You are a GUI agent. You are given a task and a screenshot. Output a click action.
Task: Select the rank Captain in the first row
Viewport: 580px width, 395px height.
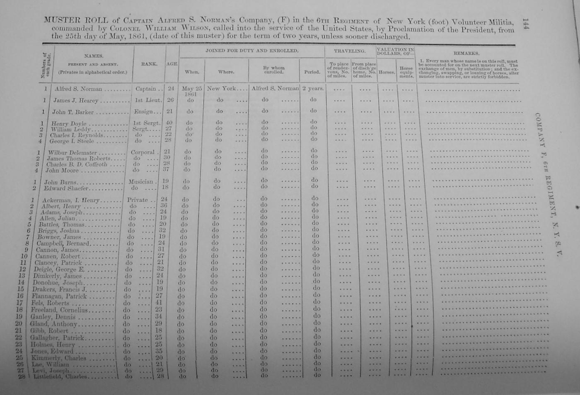145,89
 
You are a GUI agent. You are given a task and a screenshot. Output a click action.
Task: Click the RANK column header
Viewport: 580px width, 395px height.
149,64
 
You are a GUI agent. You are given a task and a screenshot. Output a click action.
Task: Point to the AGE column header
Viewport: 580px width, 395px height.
172,64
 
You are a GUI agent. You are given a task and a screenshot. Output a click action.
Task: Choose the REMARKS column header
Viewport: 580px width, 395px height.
466,53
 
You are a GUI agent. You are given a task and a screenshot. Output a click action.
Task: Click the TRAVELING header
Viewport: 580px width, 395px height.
350,51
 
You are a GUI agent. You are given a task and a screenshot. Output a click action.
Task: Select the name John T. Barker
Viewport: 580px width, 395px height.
73,112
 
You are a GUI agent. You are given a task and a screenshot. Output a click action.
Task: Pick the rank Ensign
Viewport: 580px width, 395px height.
143,112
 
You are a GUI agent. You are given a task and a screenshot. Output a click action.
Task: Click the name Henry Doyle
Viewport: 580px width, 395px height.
69,124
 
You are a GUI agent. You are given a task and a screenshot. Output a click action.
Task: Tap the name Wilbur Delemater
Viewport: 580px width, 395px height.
72,153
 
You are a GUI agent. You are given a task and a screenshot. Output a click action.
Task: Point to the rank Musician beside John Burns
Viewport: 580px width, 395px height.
141,181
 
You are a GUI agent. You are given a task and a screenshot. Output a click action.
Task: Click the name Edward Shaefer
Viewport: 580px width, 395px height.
66,188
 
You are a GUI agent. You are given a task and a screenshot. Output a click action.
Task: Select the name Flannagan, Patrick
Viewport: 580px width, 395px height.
59,296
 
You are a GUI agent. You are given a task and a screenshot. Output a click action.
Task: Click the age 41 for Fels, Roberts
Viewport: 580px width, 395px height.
159,303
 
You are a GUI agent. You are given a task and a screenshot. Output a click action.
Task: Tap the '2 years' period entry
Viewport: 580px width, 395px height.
312,88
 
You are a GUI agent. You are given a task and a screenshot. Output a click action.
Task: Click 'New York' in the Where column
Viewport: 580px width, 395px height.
222,88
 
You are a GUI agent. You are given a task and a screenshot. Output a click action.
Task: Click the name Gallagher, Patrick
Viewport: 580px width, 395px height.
58,338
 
